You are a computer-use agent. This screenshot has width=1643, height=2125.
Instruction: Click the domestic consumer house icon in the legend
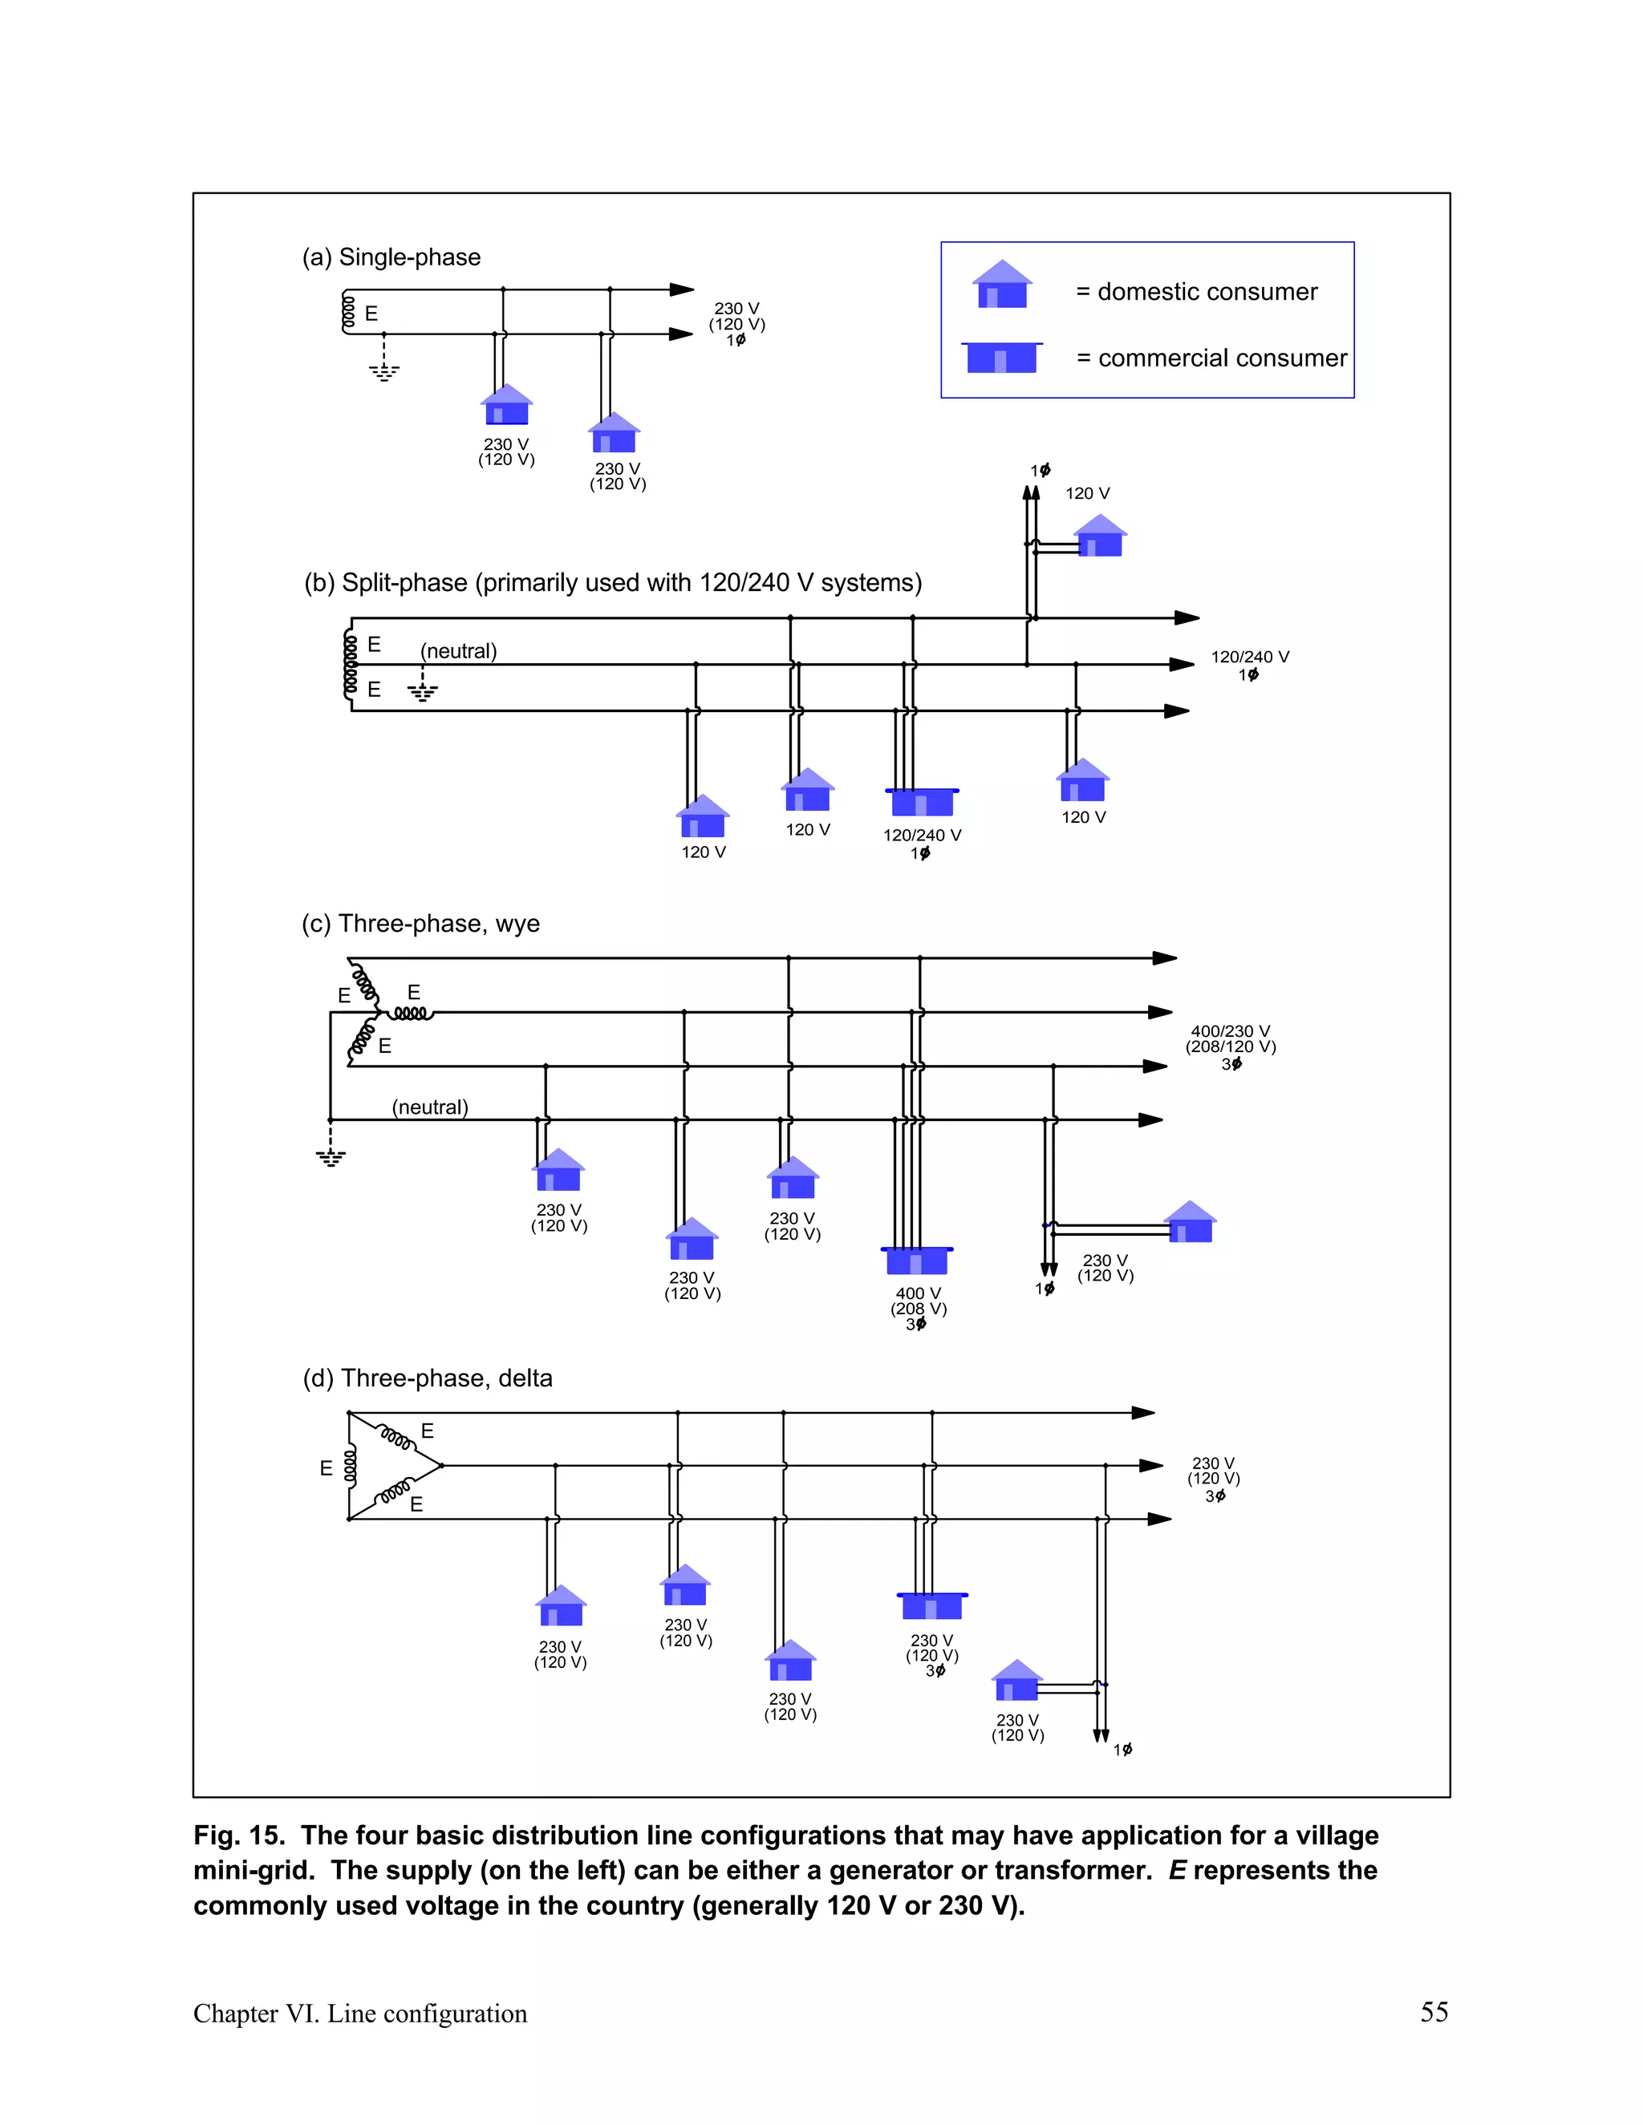coord(1003,285)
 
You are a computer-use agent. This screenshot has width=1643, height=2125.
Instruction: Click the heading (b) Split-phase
coord(612,583)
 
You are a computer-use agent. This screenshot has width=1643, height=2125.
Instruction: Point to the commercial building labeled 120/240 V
coord(922,802)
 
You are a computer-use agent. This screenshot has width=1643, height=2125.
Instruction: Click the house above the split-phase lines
coord(1101,537)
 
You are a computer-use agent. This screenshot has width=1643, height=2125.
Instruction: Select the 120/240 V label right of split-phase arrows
coord(1250,658)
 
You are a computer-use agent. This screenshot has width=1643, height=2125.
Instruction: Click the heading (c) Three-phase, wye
coord(420,923)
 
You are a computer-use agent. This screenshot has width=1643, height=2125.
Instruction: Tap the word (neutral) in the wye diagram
coord(430,1107)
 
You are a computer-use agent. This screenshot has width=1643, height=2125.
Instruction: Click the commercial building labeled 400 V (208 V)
coord(917,1260)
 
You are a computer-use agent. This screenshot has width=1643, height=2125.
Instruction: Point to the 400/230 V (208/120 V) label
coord(1231,1039)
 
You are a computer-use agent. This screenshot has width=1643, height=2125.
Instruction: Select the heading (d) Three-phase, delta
coord(428,1378)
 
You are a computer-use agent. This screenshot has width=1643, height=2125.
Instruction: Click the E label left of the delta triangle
coord(326,1468)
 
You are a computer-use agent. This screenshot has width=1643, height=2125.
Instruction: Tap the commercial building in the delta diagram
coord(931,1606)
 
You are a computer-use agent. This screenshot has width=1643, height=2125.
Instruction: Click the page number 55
coord(1434,2011)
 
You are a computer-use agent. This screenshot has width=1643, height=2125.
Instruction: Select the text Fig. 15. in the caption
coord(239,1835)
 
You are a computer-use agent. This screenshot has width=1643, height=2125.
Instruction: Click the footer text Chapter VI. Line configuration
coord(360,2013)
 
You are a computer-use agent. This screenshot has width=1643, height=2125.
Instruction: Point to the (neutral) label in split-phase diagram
coord(458,651)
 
